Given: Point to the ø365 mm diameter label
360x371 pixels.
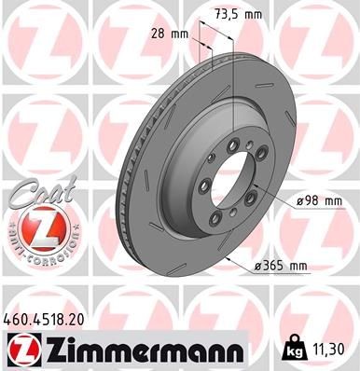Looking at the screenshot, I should coord(281,268).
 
